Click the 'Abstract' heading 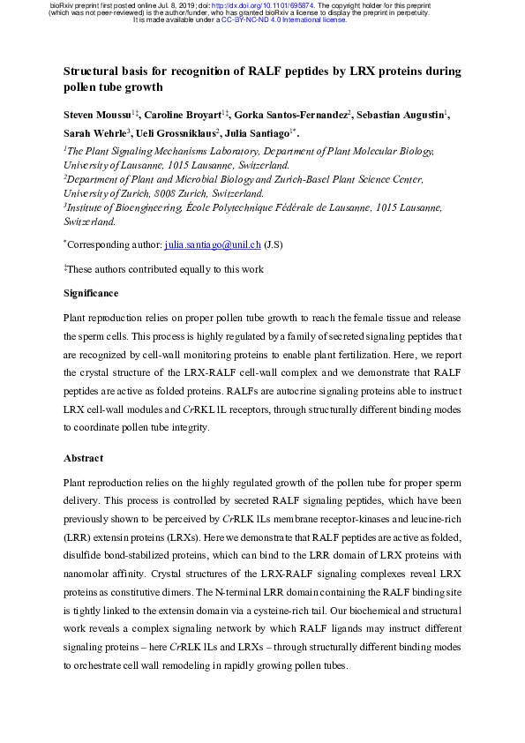(83, 458)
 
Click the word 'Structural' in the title (97, 71)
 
